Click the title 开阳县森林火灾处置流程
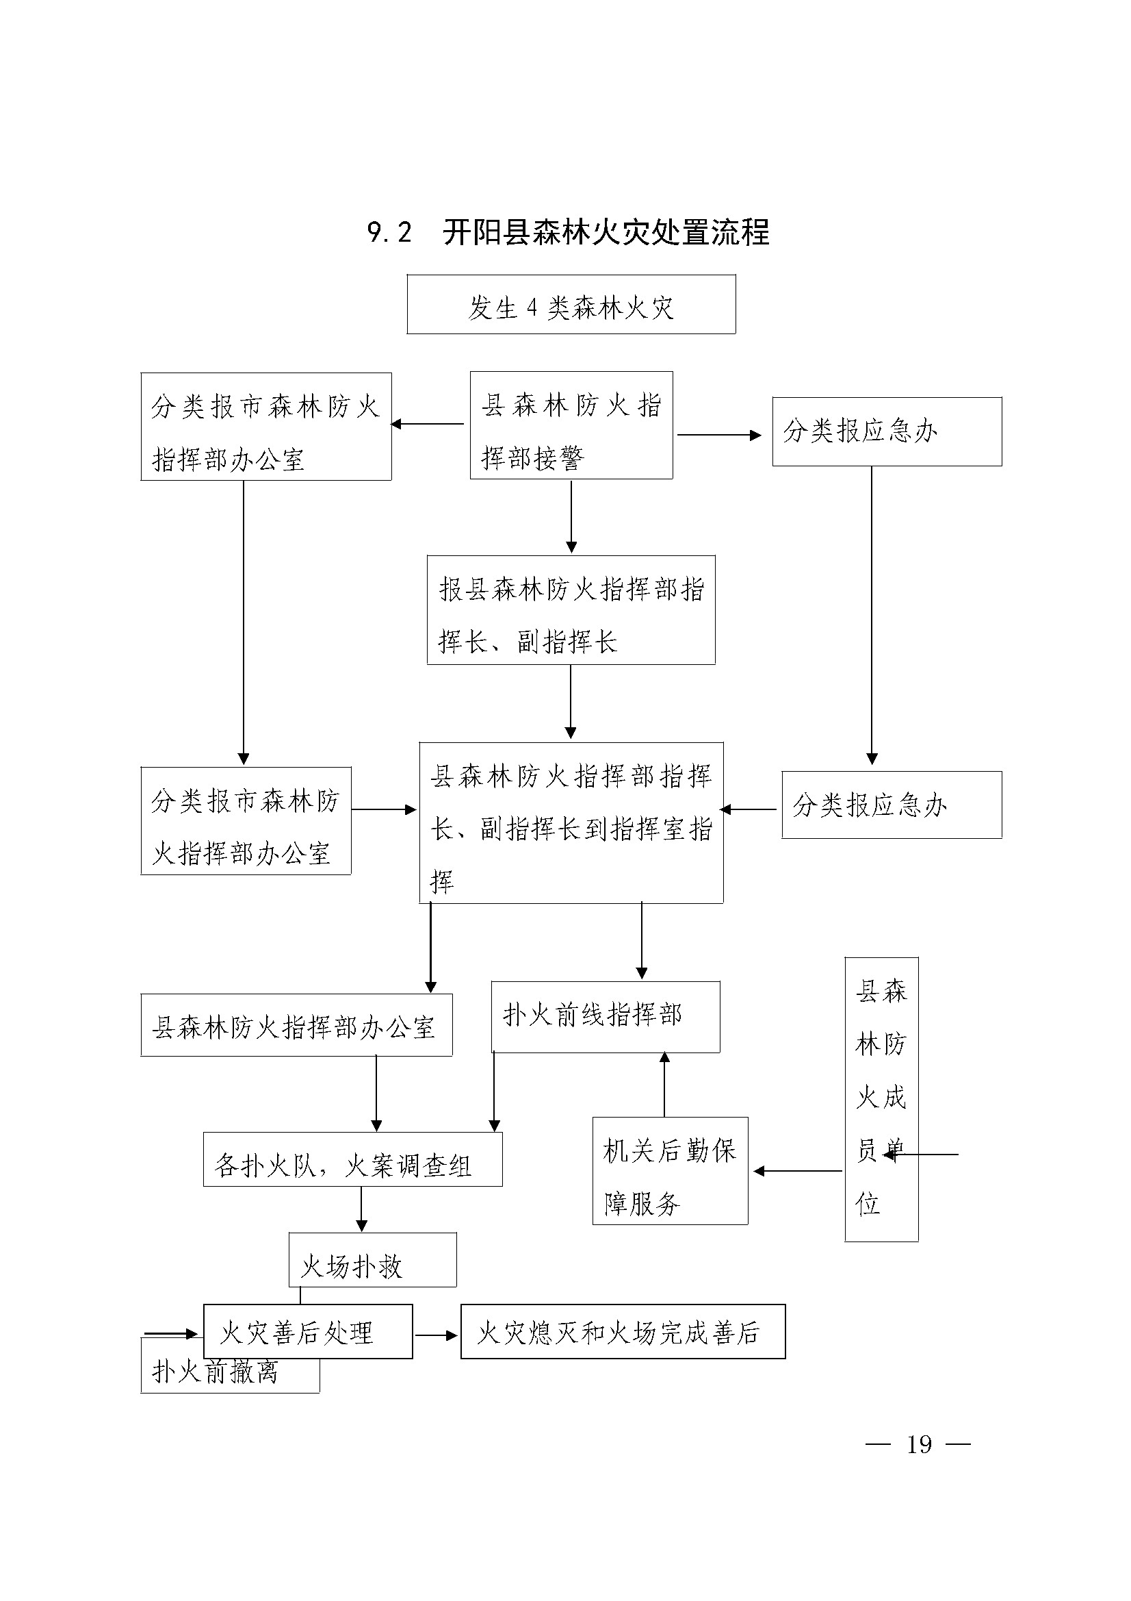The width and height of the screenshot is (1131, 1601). click(606, 232)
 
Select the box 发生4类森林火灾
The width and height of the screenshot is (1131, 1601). click(571, 304)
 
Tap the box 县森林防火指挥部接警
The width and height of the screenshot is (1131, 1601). click(571, 425)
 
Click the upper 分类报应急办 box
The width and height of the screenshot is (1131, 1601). click(887, 431)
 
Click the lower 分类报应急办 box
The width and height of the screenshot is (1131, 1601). click(892, 805)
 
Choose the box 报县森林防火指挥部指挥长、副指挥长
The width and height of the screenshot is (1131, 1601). click(571, 610)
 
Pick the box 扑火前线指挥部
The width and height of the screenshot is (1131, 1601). click(606, 1017)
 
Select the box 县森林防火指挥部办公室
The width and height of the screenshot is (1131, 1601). click(297, 1025)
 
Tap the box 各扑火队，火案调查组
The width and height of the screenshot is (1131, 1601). click(352, 1159)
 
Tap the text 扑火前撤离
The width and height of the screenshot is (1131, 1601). click(216, 1371)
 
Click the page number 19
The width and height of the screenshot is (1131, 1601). click(918, 1444)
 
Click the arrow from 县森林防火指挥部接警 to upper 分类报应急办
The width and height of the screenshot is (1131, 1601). click(719, 435)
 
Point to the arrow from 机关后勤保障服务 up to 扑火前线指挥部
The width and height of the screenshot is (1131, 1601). click(664, 1084)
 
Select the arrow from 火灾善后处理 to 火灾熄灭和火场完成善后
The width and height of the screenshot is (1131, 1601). click(437, 1335)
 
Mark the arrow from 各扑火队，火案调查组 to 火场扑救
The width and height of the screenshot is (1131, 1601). click(361, 1209)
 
